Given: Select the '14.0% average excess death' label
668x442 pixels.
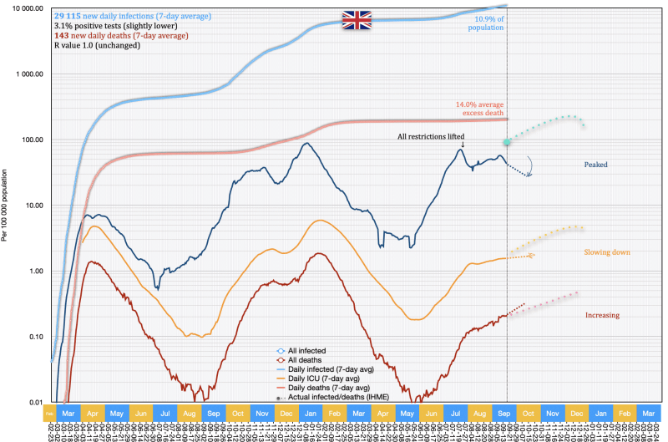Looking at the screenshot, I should coord(480,109).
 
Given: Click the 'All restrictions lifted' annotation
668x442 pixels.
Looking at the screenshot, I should coord(430,135).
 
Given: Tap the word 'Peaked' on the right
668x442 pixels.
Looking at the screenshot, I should coord(595,165).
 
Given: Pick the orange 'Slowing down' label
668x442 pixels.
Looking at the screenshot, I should coord(606,251).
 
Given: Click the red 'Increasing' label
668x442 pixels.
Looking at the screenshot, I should coord(603,315).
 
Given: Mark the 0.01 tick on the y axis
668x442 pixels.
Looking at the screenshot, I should coord(36,403).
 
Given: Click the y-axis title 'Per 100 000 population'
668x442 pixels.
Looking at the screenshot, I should coord(6,206).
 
